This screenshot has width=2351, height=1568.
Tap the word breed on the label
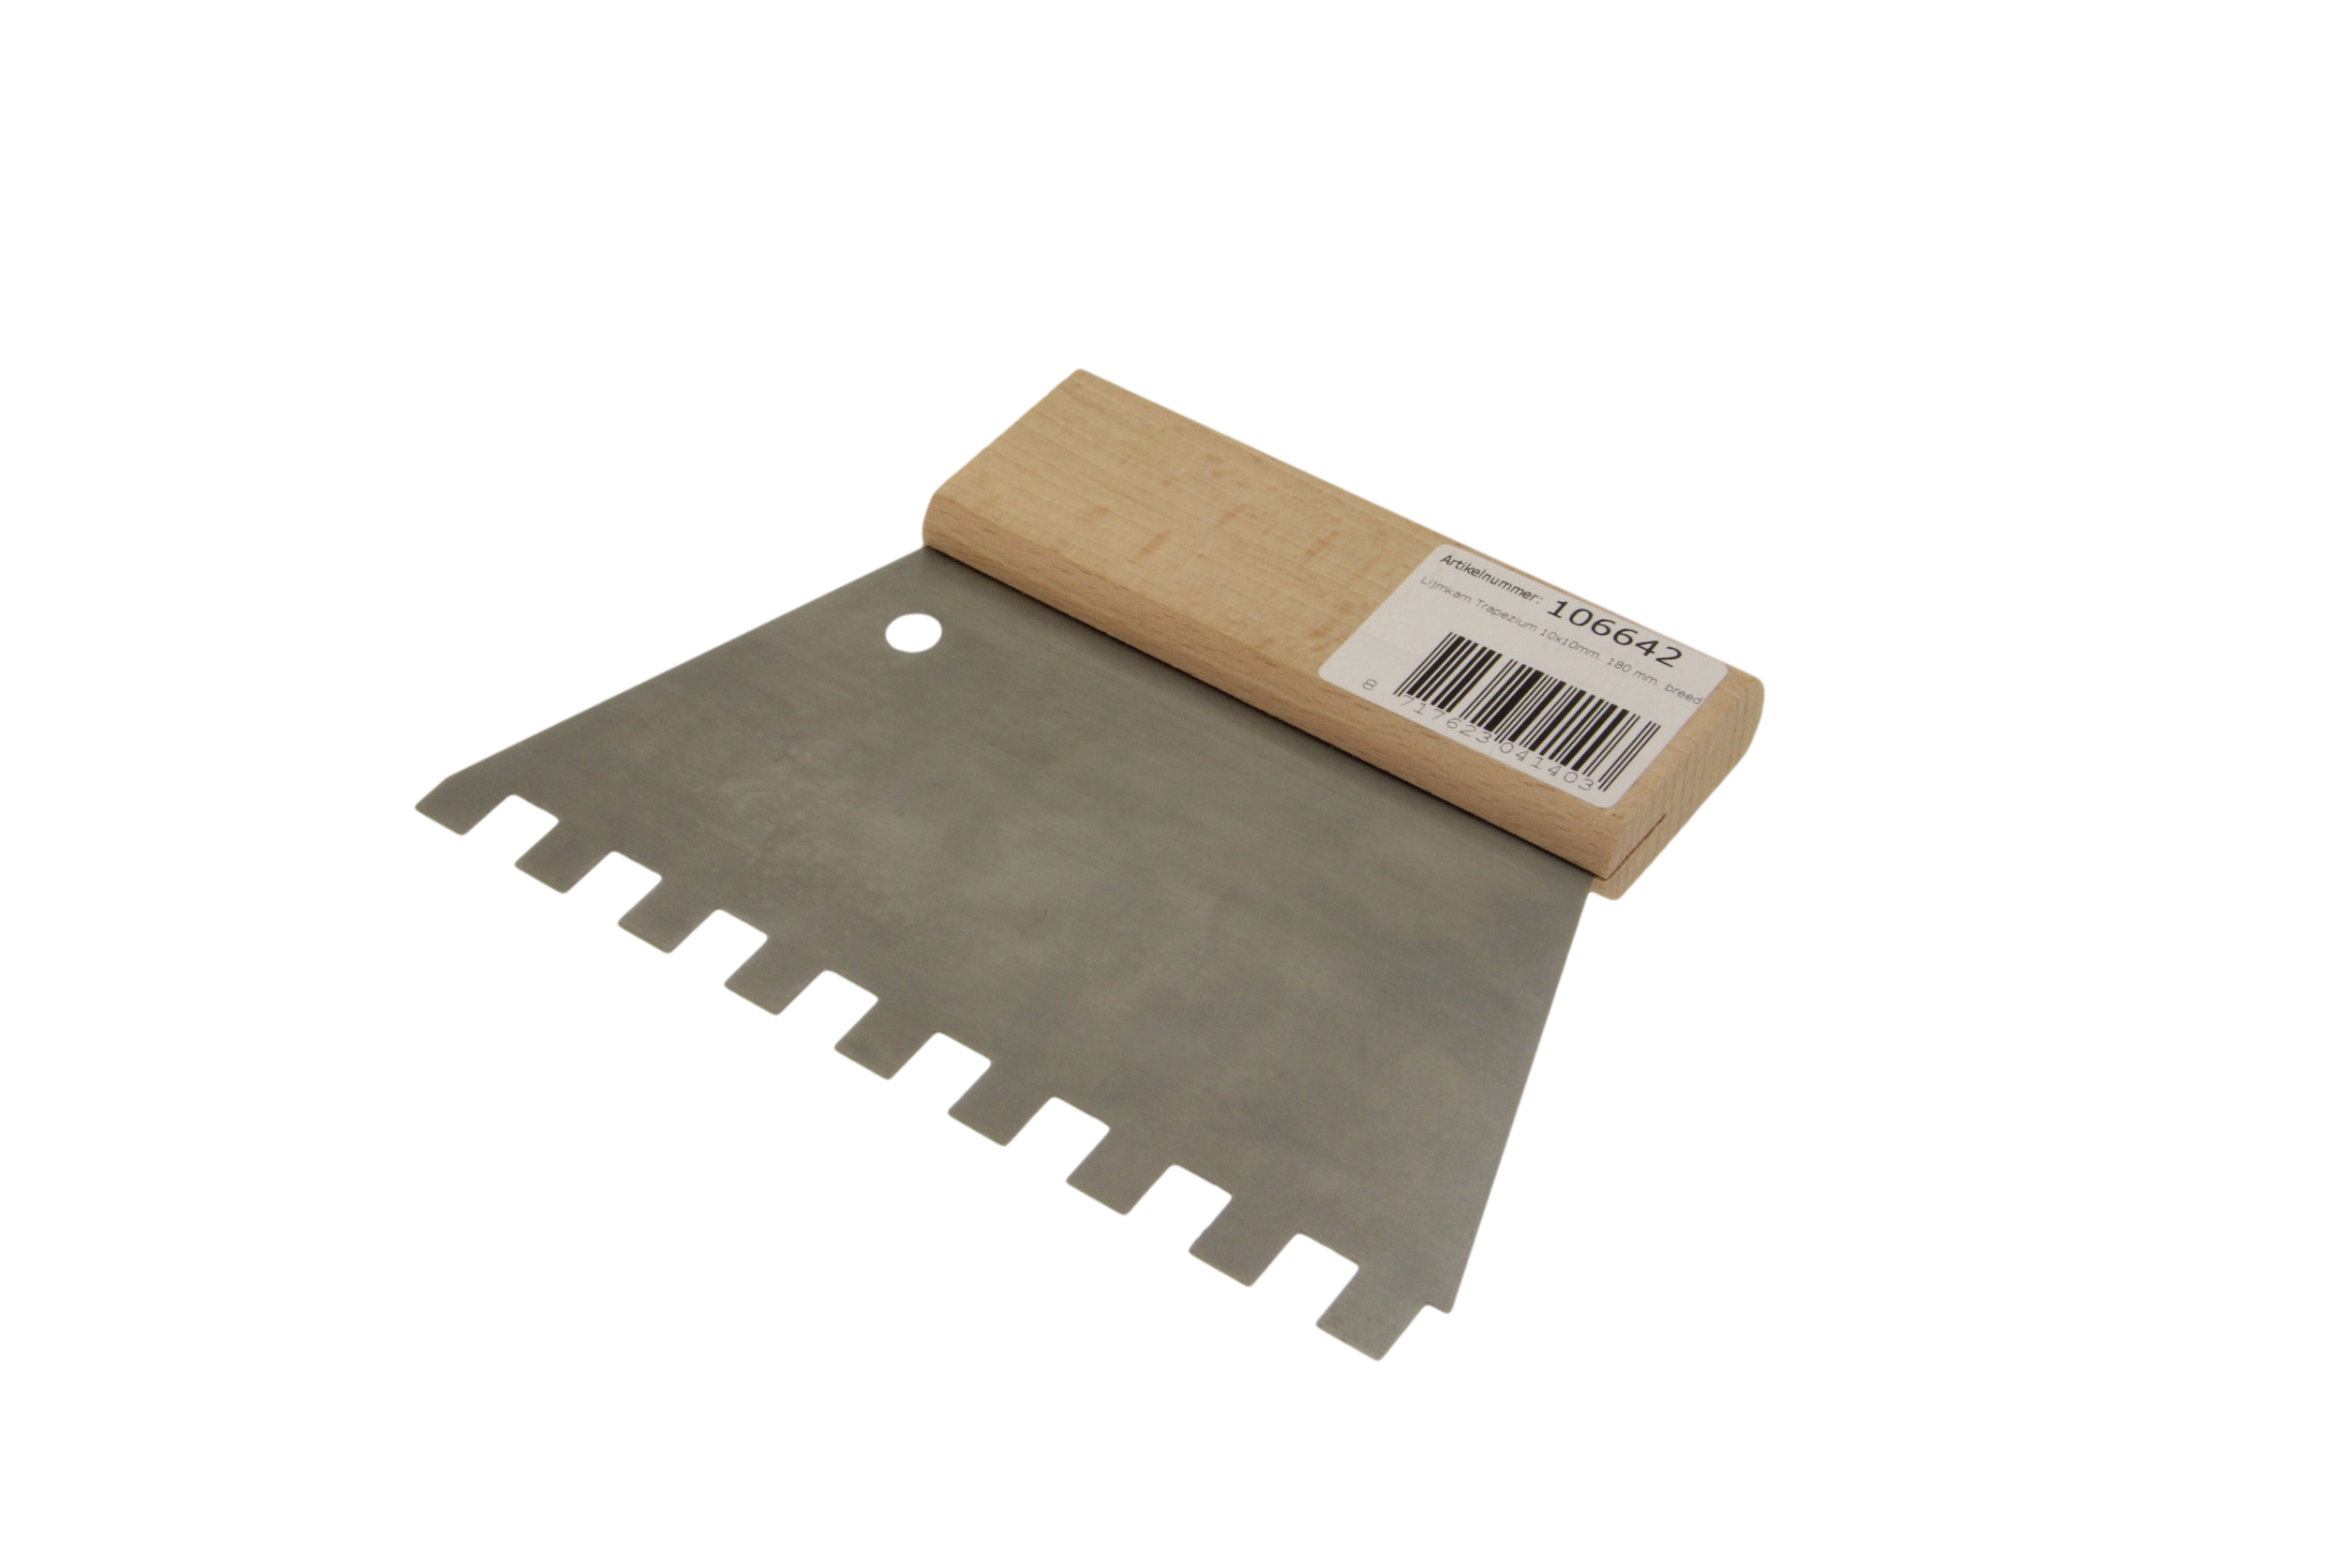[1683, 693]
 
